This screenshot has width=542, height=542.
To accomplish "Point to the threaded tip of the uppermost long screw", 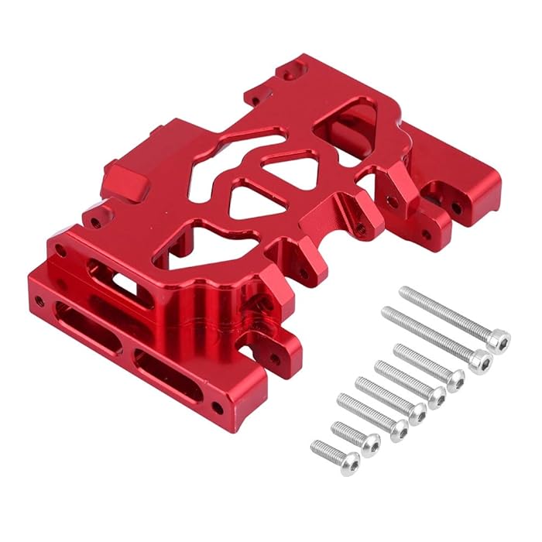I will click(405, 292).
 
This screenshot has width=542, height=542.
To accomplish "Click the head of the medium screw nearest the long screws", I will click(455, 379).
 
